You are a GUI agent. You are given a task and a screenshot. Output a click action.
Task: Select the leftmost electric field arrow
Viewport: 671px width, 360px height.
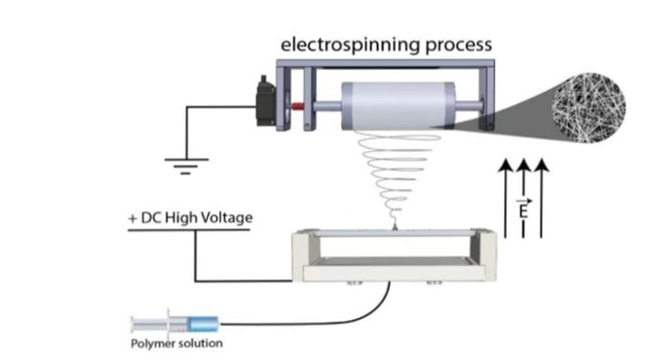[503, 197]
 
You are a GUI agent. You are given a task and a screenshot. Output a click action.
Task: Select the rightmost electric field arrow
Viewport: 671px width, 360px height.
[540, 197]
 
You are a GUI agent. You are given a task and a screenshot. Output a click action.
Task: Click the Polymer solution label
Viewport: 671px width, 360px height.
[176, 343]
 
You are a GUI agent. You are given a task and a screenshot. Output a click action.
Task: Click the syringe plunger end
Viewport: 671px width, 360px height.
[134, 323]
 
